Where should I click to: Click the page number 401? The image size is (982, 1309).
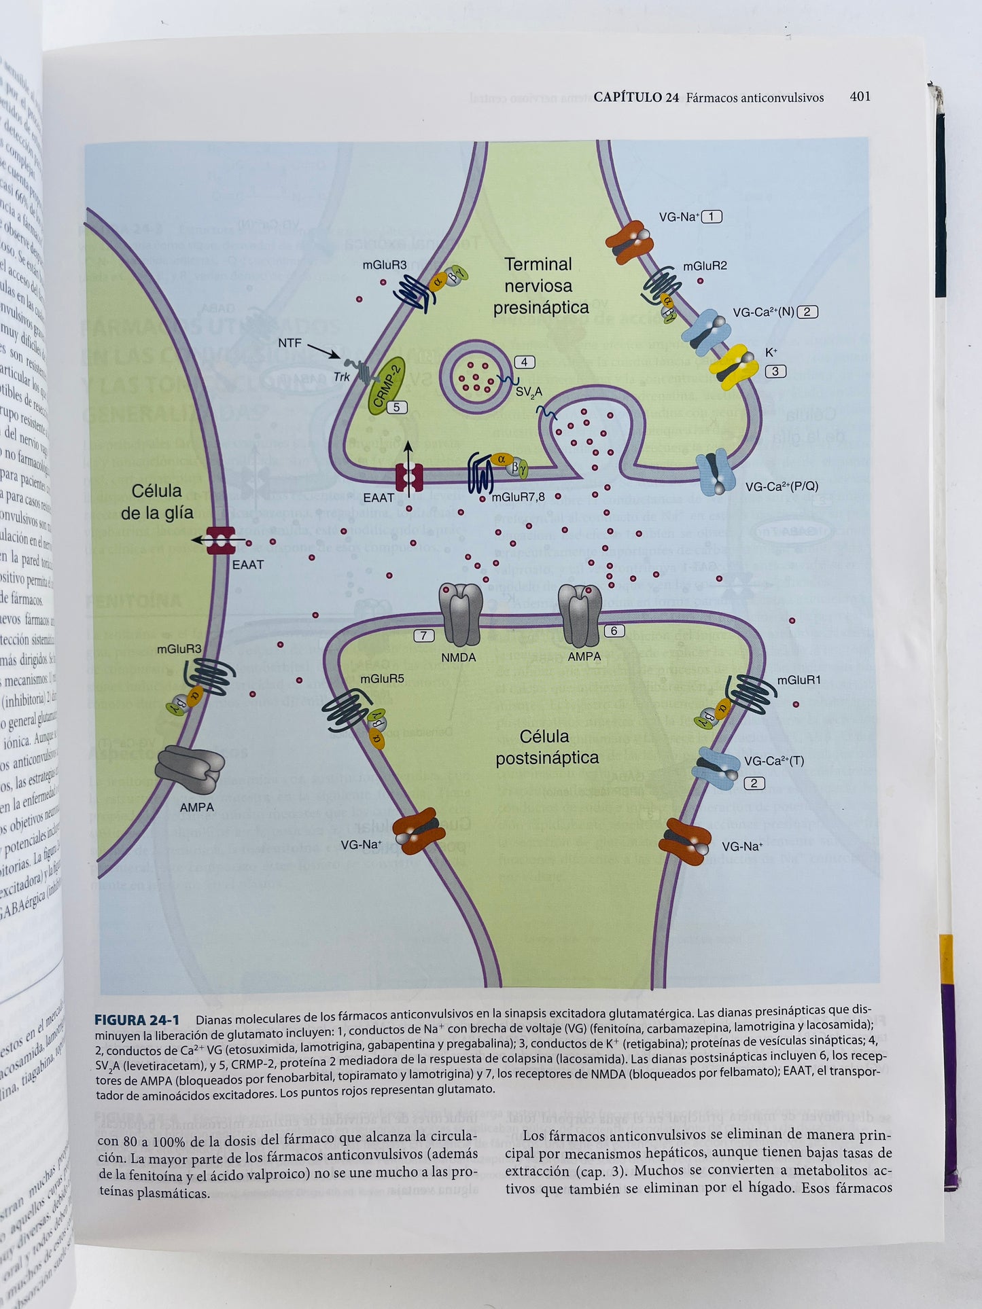click(860, 96)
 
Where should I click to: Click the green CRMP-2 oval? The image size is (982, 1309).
click(387, 386)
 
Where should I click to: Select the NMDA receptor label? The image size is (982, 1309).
click(459, 658)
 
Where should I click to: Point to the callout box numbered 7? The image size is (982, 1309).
click(424, 636)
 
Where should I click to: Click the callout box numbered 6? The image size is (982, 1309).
click(614, 631)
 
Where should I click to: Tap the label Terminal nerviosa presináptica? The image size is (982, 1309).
click(541, 286)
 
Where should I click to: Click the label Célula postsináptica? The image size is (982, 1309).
click(546, 747)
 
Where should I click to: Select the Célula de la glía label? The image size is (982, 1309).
click(157, 502)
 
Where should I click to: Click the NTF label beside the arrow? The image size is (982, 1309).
click(290, 343)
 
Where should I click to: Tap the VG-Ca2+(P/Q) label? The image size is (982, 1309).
click(782, 486)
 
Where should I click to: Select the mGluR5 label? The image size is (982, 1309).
click(382, 679)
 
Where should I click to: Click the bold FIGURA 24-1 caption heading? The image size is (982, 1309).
click(137, 1020)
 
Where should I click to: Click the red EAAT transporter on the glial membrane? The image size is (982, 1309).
click(222, 541)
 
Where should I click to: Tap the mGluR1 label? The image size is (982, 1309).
click(799, 680)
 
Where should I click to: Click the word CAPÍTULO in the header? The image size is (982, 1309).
click(635, 97)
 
